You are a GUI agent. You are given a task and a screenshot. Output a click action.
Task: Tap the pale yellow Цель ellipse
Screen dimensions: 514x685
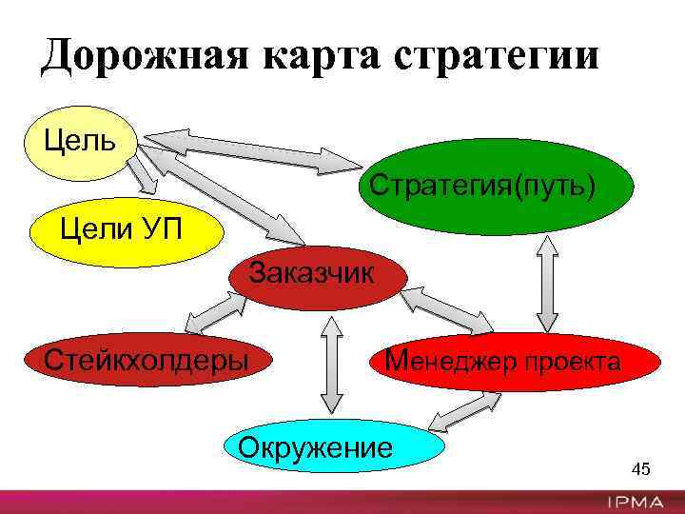pyautogui.click(x=81, y=143)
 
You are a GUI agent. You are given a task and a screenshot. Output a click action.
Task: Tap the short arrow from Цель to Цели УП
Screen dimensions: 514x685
pyautogui.click(x=143, y=177)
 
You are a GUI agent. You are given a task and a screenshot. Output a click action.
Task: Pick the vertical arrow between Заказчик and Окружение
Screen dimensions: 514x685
pyautogui.click(x=331, y=366)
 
